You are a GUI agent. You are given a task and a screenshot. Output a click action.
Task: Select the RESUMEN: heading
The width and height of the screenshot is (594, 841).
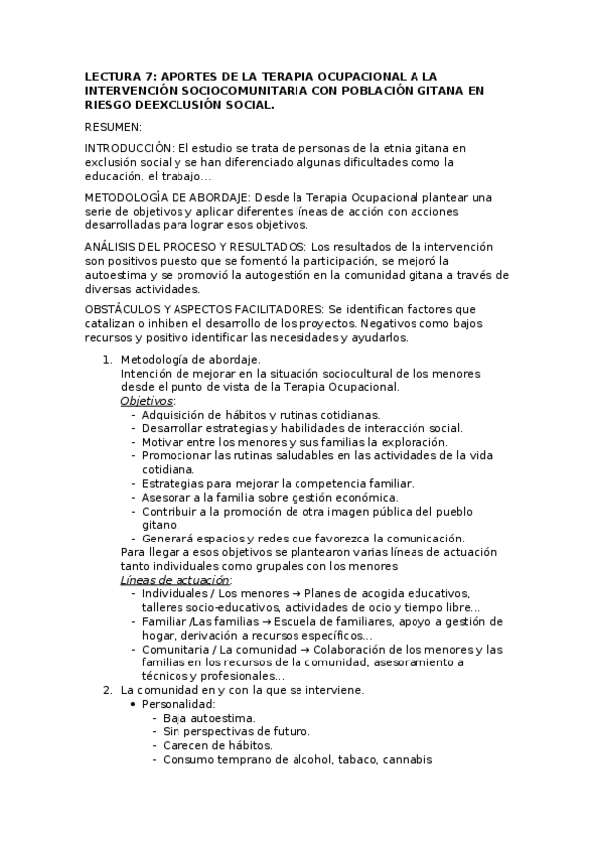point(113,126)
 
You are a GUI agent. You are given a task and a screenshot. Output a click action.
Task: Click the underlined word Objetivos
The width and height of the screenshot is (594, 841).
point(146,400)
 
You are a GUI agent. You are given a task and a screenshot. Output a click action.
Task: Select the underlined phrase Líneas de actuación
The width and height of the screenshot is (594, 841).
point(176,579)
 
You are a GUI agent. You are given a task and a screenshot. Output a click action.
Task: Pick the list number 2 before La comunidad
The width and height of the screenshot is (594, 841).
point(108,689)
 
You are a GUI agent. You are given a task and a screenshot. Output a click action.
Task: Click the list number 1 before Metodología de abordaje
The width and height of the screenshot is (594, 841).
point(108,358)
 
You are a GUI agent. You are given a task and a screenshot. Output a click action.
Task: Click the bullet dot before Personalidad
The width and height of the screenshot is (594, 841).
point(134,703)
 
